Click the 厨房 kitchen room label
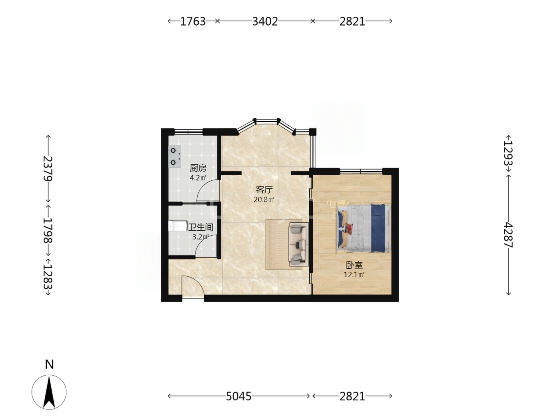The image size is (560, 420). click(x=198, y=168)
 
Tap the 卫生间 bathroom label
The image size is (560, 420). click(x=200, y=227)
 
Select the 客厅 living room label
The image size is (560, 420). click(x=264, y=190)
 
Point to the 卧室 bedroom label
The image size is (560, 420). click(x=354, y=265)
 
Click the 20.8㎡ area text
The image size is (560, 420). click(x=264, y=200)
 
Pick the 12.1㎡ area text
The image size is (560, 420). click(x=354, y=275)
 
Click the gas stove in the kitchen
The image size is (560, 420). click(x=174, y=156)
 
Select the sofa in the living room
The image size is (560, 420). click(x=298, y=244)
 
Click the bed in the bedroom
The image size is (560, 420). click(x=363, y=228)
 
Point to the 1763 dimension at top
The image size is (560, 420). click(x=193, y=22)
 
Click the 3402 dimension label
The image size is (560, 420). click(x=265, y=22)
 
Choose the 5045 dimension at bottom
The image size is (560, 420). click(x=238, y=396)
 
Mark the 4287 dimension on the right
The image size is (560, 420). click(x=508, y=235)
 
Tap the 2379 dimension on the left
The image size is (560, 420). click(x=48, y=168)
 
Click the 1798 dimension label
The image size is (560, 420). click(x=48, y=230)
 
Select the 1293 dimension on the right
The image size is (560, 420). click(x=508, y=153)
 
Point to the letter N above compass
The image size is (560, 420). click(x=49, y=364)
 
